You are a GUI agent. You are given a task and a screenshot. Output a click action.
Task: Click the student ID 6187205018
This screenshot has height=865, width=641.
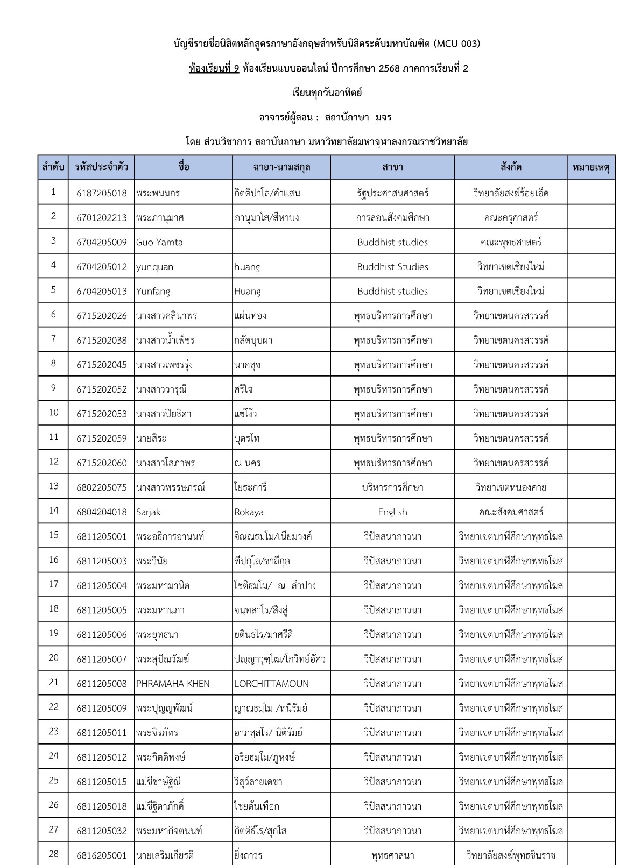coord(102,193)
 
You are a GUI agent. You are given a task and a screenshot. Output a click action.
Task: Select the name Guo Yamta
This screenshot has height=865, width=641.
coord(159,242)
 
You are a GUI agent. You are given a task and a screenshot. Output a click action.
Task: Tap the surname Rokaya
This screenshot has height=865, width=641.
coord(249,512)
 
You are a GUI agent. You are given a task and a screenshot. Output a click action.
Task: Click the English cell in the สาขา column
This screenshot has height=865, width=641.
coord(392,512)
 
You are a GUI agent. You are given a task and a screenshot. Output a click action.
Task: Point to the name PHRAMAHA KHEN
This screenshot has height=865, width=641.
coord(173,684)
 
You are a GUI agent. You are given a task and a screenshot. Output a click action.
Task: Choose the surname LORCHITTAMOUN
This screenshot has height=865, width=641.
coord(271,684)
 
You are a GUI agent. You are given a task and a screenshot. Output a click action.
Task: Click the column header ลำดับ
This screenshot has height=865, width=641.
coord(53,167)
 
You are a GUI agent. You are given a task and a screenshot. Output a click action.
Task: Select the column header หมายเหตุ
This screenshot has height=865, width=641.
coord(591,167)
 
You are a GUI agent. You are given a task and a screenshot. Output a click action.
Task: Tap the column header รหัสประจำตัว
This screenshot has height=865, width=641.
coord(102,167)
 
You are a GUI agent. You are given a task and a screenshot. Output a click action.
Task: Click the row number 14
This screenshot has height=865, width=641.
coord(53,511)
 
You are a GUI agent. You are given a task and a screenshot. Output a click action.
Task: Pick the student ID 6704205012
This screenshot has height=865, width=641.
coord(102,267)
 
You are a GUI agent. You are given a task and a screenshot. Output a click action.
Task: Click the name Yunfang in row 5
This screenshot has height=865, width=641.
coord(153,292)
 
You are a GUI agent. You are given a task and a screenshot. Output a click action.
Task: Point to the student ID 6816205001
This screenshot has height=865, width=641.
coord(102,855)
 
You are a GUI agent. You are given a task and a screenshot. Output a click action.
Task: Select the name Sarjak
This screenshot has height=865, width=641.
coord(148,512)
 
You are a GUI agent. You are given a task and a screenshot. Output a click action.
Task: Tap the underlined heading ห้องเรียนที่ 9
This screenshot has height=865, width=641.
coord(214,68)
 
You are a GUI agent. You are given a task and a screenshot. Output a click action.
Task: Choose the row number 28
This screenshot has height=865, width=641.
coord(53,854)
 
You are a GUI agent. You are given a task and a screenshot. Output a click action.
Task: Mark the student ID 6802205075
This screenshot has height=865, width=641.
coord(102,488)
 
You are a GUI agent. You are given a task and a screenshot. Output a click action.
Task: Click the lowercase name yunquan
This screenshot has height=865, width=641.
coord(154,267)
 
